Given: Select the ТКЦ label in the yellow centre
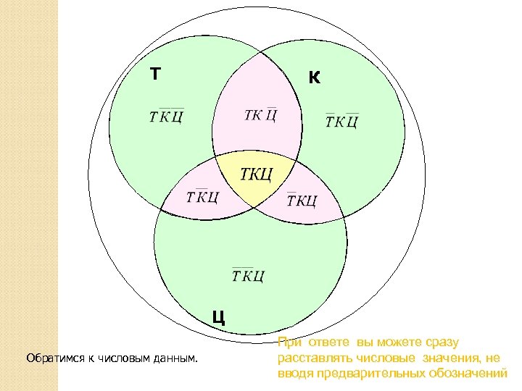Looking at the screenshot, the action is point(256,174).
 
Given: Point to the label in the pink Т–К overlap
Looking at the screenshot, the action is point(261,115).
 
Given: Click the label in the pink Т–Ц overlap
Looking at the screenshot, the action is point(203,196).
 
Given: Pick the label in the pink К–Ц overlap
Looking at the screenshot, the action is point(302,199).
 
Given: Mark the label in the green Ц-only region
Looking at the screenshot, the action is point(248,275).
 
